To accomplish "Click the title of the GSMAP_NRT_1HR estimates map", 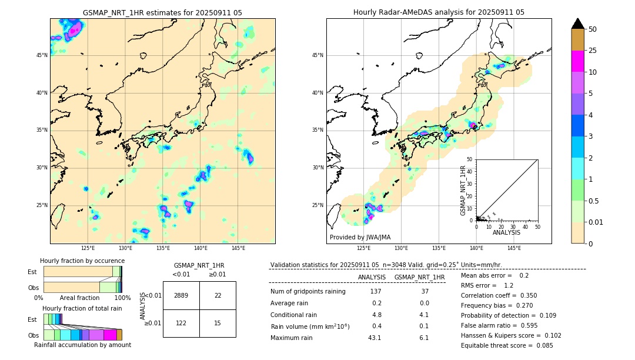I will tap(162, 12).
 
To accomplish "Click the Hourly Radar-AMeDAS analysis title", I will tap(439, 12).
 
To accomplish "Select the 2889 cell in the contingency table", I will tap(181, 295).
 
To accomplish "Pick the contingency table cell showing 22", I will tap(218, 295).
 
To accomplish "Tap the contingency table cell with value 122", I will tap(181, 323).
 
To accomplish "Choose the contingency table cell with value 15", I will tap(218, 323).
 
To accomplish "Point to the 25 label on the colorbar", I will tap(593, 51).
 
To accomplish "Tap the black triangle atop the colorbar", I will tap(578, 24).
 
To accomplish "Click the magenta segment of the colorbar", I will tap(578, 61).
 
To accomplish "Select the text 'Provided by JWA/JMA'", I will tap(360, 237).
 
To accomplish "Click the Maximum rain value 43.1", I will tap(375, 338).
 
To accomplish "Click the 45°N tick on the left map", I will tap(42, 55).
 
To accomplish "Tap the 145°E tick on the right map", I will tap(514, 248).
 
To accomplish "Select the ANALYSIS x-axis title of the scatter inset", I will tap(506, 232).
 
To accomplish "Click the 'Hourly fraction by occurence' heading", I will tap(82, 261).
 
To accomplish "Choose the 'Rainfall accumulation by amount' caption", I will tap(82, 345).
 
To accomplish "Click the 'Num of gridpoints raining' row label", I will tap(308, 292).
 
